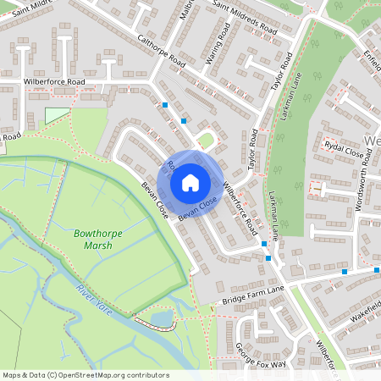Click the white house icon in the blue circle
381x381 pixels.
(190, 181)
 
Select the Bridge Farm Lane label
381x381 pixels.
(253, 295)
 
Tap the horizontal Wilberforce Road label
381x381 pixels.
(55, 82)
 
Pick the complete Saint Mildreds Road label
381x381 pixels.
(245, 19)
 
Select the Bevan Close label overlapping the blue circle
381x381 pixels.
(197, 206)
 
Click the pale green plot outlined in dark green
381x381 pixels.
(56, 116)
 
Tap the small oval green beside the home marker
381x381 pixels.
(204, 139)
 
